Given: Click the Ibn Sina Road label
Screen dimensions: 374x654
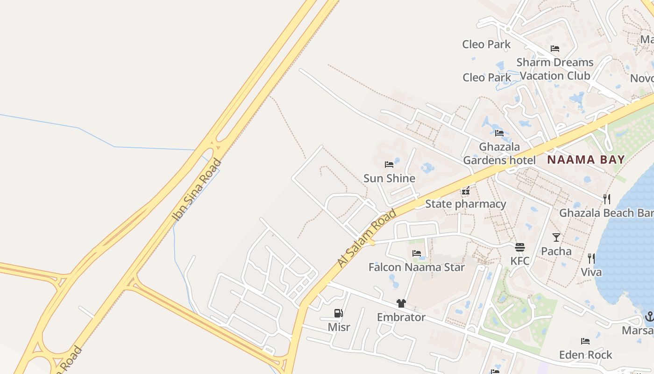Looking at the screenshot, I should click(x=197, y=189).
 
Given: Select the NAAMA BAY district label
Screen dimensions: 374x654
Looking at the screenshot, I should click(x=586, y=159).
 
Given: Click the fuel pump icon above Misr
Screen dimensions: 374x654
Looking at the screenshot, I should click(x=339, y=313).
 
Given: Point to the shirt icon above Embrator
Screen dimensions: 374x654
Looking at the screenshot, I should click(x=401, y=303).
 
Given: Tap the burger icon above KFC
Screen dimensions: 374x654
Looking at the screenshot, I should click(x=520, y=247).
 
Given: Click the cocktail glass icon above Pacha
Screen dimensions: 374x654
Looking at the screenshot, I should click(x=556, y=237).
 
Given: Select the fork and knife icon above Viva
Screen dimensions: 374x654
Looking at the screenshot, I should click(x=591, y=259).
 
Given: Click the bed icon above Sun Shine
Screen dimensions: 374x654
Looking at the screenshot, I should click(x=389, y=165).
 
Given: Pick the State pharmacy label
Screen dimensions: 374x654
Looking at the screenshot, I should click(x=465, y=204).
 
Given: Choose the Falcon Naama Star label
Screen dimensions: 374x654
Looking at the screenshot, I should click(x=417, y=267).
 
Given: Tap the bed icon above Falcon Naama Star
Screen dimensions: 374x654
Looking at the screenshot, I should click(x=417, y=253).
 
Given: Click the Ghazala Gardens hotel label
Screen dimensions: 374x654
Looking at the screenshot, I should click(x=499, y=154).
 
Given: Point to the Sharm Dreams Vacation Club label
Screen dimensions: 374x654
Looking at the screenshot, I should click(x=555, y=69).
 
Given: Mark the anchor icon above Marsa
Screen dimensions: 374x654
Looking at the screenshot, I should click(x=649, y=316).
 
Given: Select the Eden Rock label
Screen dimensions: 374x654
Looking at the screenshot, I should click(x=586, y=355).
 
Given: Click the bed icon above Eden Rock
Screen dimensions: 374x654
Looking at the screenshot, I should click(x=585, y=341).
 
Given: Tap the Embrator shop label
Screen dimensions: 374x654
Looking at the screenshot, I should click(x=401, y=317).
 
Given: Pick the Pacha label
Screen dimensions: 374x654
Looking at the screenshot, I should click(x=556, y=251).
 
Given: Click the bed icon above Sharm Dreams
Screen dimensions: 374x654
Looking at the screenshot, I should click(x=555, y=49).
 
